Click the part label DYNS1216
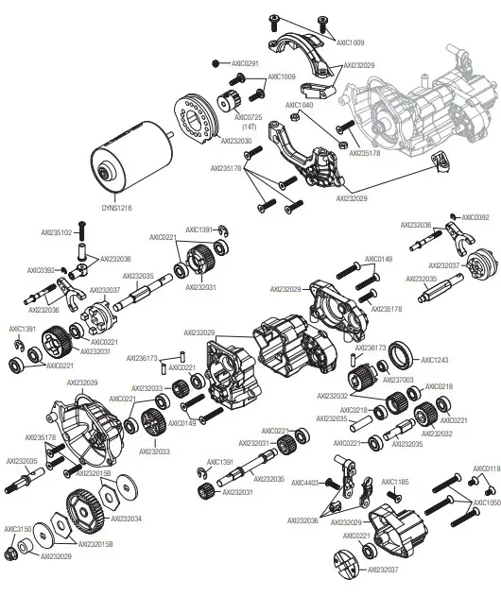point(117,208)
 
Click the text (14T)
point(249,126)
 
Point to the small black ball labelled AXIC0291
point(216,63)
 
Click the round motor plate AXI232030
point(196,119)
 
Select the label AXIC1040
point(300,105)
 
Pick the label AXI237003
point(398,380)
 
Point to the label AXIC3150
point(18,529)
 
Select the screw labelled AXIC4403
point(333,485)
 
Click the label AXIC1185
point(395,482)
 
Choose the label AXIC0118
point(487,468)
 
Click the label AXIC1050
point(487,502)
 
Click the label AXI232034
point(127,519)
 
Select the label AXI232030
point(236,141)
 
